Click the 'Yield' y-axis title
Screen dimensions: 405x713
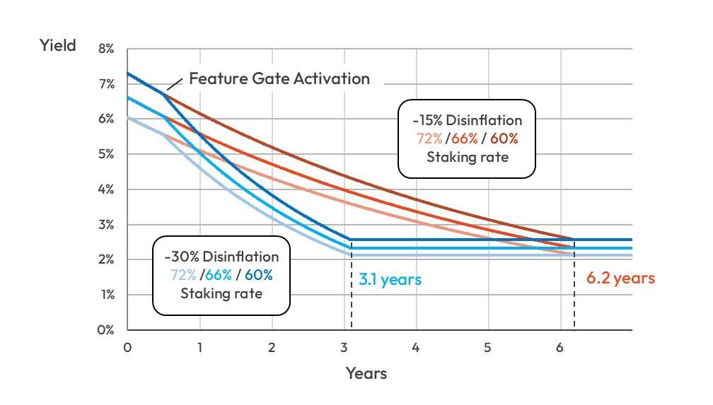point(57,47)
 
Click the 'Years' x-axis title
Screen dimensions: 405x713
point(366,372)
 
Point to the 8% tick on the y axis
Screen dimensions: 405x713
point(106,49)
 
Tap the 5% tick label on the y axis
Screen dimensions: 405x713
point(106,154)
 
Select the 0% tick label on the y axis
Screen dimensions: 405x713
point(106,329)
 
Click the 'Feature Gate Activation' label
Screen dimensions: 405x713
point(279,78)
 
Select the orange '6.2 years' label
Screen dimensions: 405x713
point(620,278)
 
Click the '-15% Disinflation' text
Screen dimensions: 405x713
point(467,120)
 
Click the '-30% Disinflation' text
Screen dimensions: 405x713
point(221,257)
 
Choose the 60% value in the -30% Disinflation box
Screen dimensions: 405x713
point(258,275)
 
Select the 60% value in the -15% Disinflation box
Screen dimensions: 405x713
point(504,139)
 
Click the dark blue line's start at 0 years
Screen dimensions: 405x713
point(127,73)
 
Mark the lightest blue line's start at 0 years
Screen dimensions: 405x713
point(127,117)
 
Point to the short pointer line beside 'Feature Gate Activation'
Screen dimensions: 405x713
point(174,85)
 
